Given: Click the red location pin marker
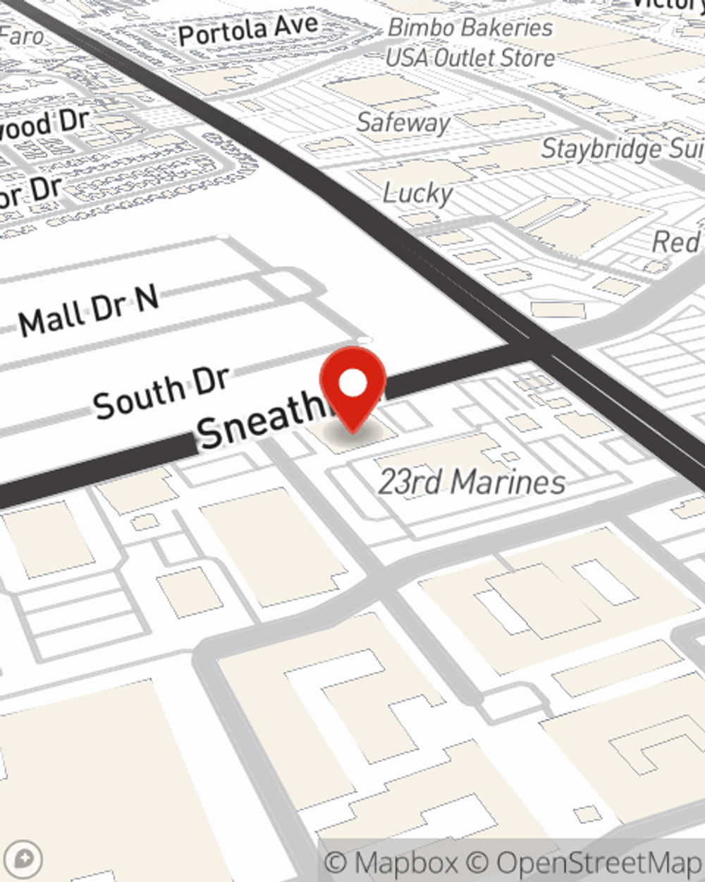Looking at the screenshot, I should tap(352, 389).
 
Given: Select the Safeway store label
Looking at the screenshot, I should tap(403, 122).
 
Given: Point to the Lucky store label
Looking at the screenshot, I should tap(418, 192).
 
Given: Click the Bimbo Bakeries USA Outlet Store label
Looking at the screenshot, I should tap(470, 42).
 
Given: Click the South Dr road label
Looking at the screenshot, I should tap(161, 392).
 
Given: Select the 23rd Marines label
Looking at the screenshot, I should tap(472, 483).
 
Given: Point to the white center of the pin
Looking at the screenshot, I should tap(353, 384).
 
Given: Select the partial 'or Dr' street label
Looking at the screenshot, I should tap(31, 193).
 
